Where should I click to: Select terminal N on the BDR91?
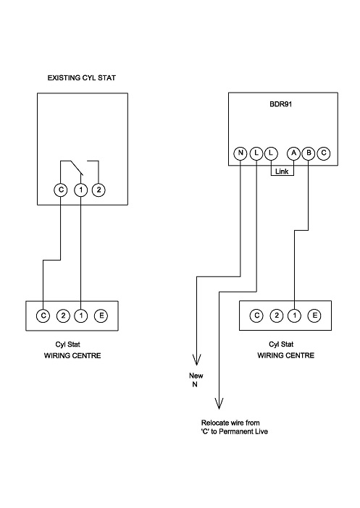[240, 153]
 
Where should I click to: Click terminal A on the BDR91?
[293, 153]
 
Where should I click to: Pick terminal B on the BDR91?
[309, 153]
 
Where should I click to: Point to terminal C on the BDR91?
[324, 153]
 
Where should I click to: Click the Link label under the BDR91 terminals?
[282, 172]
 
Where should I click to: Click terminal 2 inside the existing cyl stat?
[99, 189]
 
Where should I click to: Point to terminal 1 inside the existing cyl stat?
[80, 189]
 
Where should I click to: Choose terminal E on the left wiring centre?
[101, 315]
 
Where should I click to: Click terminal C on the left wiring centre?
[43, 315]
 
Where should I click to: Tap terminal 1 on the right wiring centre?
[295, 315]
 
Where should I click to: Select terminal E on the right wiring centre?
[314, 315]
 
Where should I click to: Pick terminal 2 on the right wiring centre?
[275, 315]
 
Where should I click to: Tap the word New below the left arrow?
[196, 376]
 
